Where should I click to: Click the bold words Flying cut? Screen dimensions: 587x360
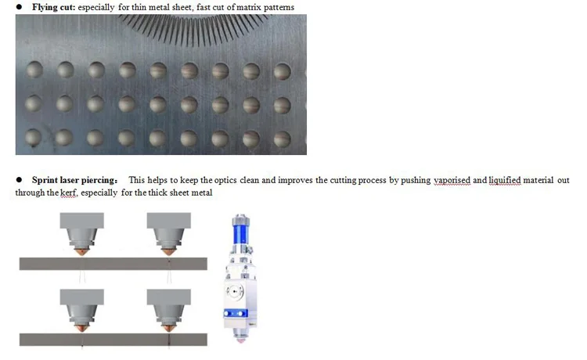pos(53,7)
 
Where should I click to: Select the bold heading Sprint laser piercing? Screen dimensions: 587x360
pos(74,180)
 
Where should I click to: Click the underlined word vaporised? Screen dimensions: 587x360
pos(452,180)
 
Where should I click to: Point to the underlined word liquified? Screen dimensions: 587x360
pos(505,180)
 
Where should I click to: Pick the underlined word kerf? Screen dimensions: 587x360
pos(68,193)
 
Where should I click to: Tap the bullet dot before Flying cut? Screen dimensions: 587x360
pos(19,7)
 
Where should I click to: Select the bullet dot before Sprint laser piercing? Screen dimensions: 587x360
pos(19,180)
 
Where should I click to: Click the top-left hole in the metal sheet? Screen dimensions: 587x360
pos(34,70)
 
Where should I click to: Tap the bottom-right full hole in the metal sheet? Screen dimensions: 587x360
pos(282,139)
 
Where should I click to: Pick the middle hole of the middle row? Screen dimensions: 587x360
pos(158,104)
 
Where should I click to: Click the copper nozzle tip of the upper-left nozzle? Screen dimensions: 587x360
pos(81,252)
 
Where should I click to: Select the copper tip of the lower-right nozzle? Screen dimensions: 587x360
pos(168,328)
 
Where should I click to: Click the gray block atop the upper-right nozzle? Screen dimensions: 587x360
pos(168,221)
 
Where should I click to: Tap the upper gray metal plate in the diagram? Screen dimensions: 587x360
pos(113,264)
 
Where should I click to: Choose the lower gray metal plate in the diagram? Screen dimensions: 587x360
pos(113,340)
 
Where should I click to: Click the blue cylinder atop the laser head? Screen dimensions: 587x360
pos(240,231)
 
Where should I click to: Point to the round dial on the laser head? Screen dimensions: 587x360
pos(234,291)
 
